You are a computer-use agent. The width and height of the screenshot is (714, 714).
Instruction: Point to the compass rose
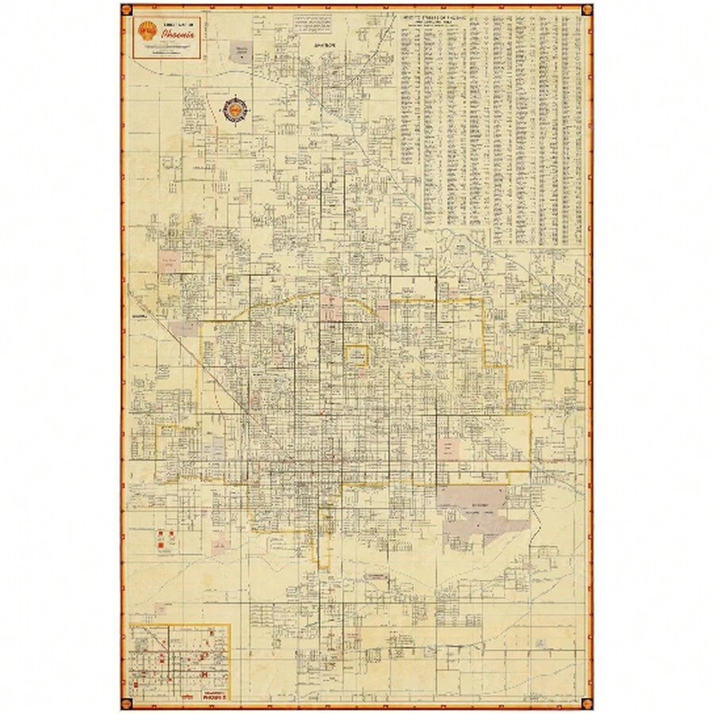tap(236, 109)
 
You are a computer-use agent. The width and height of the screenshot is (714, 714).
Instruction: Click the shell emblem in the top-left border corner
tap(126, 10)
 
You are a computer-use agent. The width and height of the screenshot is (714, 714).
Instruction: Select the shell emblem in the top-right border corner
tap(587, 10)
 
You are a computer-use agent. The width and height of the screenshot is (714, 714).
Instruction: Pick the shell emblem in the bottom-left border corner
tap(126, 702)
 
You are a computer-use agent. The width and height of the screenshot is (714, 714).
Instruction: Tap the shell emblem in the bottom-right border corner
tap(587, 702)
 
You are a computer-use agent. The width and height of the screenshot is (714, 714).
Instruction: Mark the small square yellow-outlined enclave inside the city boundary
tap(356, 355)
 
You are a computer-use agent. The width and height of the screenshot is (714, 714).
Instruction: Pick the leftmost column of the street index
tap(406, 127)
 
